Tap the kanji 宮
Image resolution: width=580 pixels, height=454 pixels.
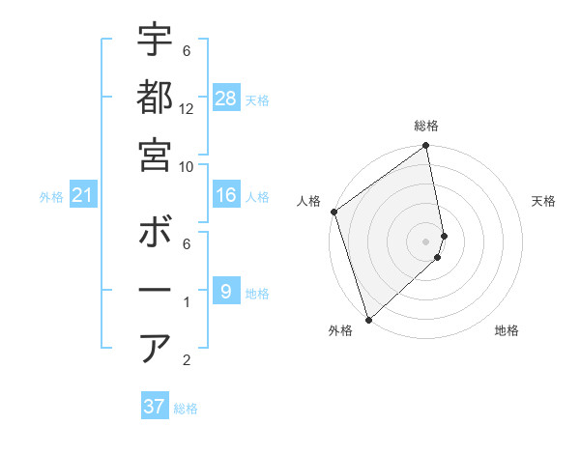click(156, 155)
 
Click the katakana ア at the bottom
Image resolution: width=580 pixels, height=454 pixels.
click(156, 348)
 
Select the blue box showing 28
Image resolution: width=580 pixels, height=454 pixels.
click(226, 99)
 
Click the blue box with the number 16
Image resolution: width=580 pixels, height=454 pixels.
click(226, 196)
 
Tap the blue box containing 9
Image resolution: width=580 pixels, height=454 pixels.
click(226, 292)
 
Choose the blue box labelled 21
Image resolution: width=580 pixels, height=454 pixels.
click(83, 196)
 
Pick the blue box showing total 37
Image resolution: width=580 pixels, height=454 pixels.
click(155, 407)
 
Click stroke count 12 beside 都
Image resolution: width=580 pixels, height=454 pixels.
click(187, 109)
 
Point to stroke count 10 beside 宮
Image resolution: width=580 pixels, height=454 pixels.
click(187, 167)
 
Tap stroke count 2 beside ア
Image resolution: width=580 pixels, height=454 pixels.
click(187, 361)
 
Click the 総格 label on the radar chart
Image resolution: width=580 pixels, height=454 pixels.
click(426, 126)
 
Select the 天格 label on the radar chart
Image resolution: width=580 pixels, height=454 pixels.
click(543, 201)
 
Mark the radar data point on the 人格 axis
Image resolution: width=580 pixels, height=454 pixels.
click(333, 212)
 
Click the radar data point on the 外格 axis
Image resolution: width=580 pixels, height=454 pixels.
click(368, 319)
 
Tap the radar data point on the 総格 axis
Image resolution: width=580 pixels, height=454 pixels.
click(426, 147)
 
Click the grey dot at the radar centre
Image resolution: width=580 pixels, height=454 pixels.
click(426, 241)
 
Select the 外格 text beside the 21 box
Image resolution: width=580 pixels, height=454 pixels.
click(51, 197)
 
